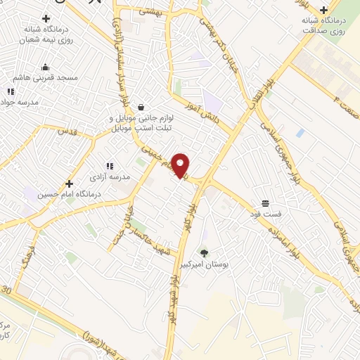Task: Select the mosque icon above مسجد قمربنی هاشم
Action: coord(46,67)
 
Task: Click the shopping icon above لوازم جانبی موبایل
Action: coord(143,108)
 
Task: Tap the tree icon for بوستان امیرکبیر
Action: coord(205,252)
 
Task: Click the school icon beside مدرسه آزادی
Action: coord(110,166)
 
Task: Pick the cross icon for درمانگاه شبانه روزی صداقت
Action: coord(323,10)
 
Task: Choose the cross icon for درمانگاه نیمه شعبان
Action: coord(46,18)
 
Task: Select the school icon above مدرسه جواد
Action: coord(10,91)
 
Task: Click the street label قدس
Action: coord(66,131)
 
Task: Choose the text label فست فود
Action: coord(268,213)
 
